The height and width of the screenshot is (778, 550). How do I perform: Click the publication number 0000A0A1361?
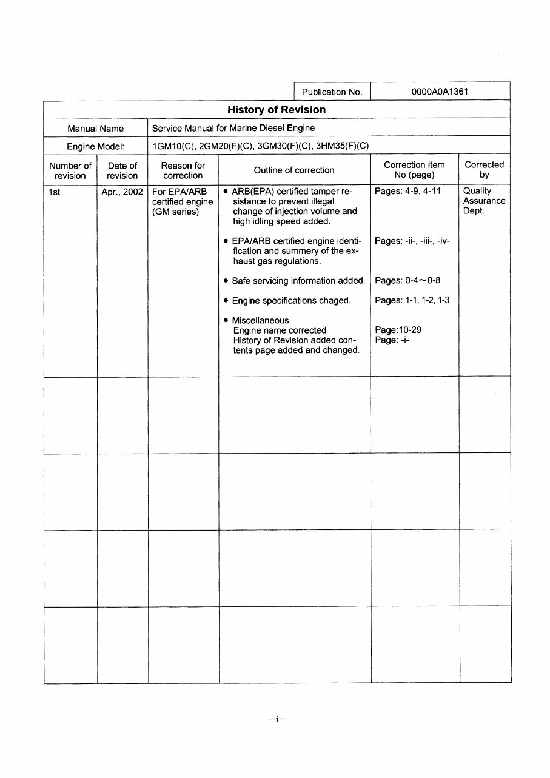pos(439,92)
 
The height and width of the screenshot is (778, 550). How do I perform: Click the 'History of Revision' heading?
pos(277,110)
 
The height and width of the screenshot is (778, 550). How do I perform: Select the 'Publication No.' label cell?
pos(332,92)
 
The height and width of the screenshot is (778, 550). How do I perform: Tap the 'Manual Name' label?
pos(95,129)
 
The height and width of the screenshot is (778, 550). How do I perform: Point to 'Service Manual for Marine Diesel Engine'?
pos(233,128)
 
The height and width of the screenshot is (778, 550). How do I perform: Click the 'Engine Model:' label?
pos(95,147)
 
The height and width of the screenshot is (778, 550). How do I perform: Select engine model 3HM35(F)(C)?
pos(343,146)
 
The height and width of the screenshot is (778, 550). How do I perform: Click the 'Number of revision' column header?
pos(70,170)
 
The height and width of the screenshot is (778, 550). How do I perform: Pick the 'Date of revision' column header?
pos(122,170)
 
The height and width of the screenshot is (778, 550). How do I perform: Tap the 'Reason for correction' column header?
pos(183,170)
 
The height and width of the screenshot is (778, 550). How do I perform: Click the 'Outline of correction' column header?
pos(294,170)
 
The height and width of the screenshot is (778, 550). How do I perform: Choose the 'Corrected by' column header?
pos(484,170)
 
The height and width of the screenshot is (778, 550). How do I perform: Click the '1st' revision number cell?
pos(55,192)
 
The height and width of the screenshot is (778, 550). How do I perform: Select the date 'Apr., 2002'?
pos(122,192)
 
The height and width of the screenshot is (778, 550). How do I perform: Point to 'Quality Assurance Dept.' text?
pos(484,201)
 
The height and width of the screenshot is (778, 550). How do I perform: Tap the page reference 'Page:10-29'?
pos(398,330)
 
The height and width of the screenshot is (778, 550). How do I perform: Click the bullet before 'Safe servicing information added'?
pos(226,281)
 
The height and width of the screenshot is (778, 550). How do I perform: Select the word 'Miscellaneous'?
pos(260,320)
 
